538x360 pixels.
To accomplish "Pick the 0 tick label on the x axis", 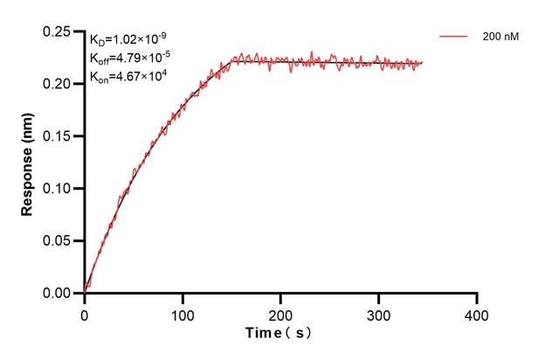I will [85, 312].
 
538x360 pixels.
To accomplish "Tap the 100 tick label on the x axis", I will [183, 312].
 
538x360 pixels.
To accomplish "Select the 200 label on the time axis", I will [280, 312].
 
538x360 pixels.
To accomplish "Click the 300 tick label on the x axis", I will [378, 312].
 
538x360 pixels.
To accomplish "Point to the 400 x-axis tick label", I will [476, 312].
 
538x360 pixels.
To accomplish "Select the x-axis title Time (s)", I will [278, 334].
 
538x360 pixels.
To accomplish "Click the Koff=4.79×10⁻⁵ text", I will [128, 59].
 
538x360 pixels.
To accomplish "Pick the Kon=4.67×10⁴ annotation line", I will [128, 77].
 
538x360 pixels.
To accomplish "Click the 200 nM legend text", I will [499, 38].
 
